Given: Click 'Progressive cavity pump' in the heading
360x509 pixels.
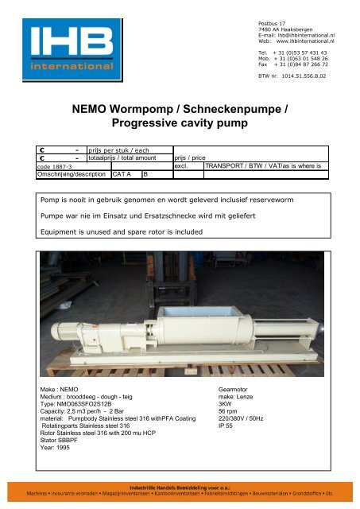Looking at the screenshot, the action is [179, 124].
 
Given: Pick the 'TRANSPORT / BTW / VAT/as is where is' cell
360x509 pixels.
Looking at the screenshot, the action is [259, 166].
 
